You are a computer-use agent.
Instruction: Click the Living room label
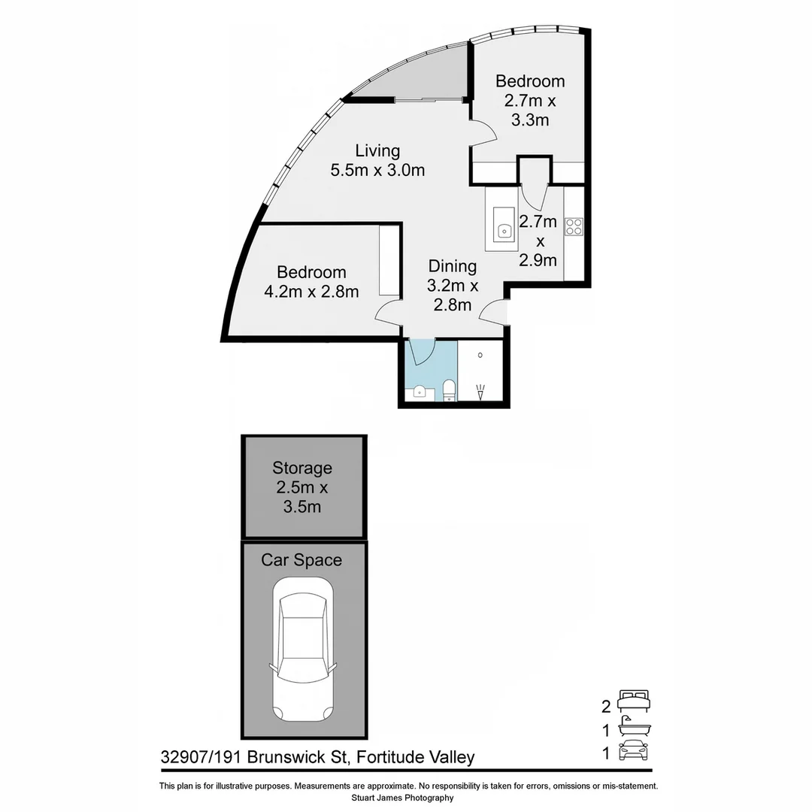(377, 151)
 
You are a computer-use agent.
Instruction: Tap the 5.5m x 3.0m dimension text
(377, 171)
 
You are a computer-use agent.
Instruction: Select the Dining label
(453, 266)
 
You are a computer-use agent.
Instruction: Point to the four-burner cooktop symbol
(574, 226)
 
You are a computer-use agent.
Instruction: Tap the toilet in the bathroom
(449, 390)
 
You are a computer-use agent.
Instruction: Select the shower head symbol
(481, 391)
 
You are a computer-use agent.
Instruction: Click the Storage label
(302, 468)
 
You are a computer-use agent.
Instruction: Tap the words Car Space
(301, 560)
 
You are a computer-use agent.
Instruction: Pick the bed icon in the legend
(632, 701)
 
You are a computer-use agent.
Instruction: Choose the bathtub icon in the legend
(632, 728)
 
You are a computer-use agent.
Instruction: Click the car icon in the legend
(632, 752)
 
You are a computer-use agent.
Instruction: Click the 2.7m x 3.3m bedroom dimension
(530, 109)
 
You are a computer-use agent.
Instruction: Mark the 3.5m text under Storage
(302, 507)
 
